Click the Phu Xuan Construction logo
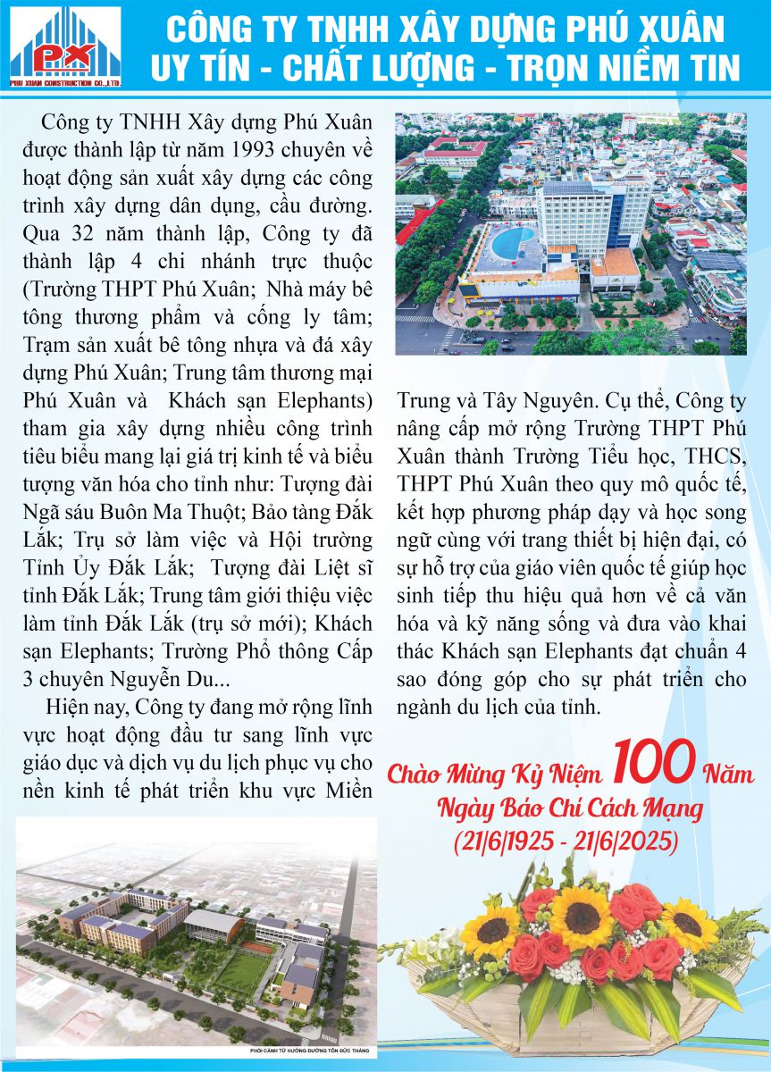coord(65,46)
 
